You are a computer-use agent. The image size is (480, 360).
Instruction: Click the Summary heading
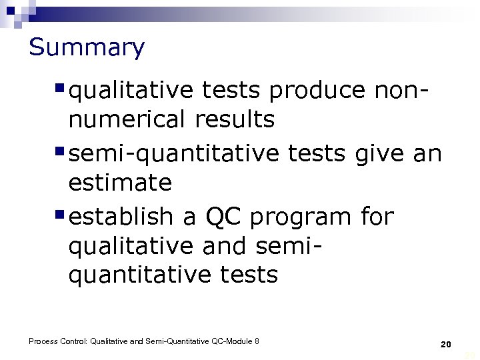87,47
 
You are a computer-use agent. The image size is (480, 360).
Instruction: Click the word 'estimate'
120,183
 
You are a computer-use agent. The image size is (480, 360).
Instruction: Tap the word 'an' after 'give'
427,154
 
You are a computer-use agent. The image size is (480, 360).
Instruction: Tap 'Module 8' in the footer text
243,341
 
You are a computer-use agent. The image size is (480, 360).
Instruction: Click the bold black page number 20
446,345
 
